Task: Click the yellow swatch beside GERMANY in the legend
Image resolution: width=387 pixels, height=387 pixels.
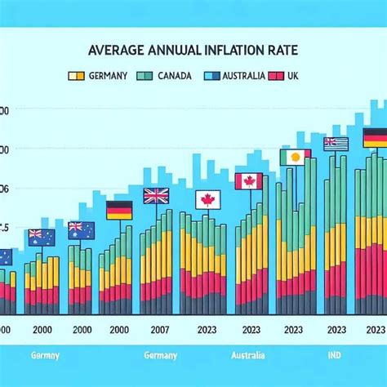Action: [x=75, y=75]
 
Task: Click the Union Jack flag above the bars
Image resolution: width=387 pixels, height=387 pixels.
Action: [x=155, y=195]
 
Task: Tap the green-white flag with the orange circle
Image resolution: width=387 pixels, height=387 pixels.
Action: [x=294, y=157]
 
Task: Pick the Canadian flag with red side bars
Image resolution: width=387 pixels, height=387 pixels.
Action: [x=248, y=181]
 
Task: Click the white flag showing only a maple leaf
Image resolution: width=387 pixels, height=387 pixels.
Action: [x=207, y=199]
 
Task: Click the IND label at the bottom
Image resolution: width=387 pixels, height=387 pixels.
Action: [x=334, y=356]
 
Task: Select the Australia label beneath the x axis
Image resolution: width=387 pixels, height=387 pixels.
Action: [x=247, y=356]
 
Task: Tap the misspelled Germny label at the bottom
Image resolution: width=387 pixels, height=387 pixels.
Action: [x=44, y=356]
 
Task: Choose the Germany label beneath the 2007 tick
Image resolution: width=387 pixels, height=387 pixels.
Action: [x=160, y=356]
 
